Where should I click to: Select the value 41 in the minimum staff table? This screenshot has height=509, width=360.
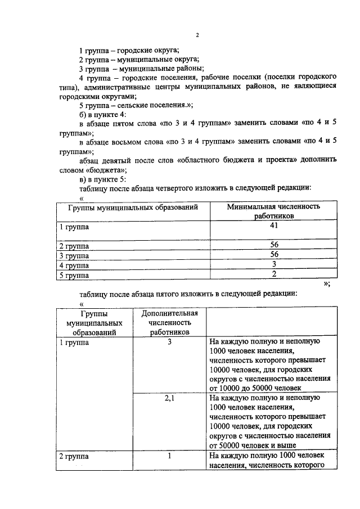(x=274, y=226)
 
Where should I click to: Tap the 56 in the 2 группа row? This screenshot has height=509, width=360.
(x=274, y=245)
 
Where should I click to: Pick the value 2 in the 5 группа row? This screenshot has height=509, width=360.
(x=274, y=274)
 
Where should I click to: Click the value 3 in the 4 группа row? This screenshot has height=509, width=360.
(x=274, y=264)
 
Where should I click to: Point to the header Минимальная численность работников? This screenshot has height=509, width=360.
(x=273, y=211)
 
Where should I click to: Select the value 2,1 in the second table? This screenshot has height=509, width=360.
(x=169, y=398)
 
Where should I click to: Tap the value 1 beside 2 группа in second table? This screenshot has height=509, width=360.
(x=169, y=456)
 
